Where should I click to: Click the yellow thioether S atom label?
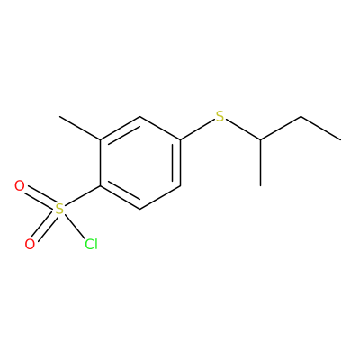point(220,116)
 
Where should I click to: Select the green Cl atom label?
point(91,245)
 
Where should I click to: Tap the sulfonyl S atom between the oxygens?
point(60,209)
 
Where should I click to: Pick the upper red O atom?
point(20,186)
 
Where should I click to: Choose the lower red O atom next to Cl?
point(30,245)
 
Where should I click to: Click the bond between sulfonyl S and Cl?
point(75,226)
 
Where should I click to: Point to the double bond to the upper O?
point(40,198)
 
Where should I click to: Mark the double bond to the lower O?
point(45,227)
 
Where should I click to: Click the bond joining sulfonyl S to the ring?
point(82,197)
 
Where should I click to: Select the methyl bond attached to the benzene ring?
point(80,128)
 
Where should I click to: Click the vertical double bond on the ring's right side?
point(177,163)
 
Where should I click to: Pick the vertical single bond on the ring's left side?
point(100,163)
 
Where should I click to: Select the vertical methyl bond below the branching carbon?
point(260,163)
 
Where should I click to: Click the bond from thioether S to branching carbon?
point(243,130)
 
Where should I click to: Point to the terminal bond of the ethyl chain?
point(320,128)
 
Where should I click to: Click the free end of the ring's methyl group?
point(59,116)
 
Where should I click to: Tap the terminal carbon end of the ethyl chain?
point(341,139)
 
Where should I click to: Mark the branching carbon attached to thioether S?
point(260,139)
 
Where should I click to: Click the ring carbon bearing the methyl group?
point(100,139)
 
